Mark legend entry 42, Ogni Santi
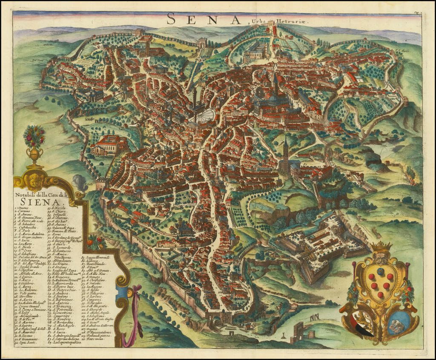(x=26, y=343)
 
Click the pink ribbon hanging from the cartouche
(x=137, y=313)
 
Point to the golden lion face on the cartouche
(x=34, y=180)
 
